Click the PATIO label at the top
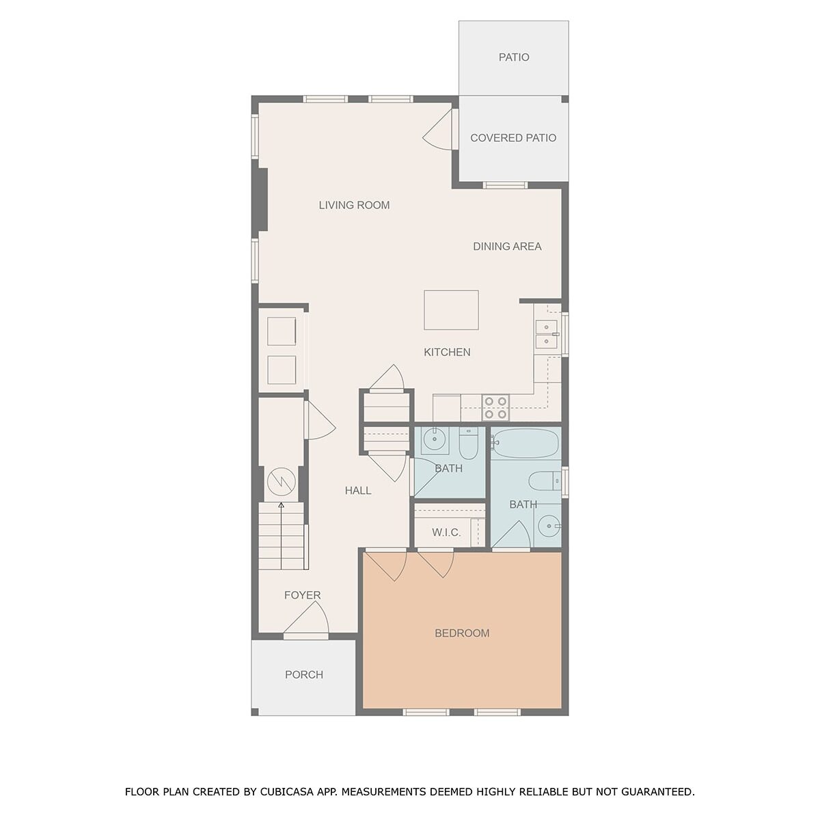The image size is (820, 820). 514,57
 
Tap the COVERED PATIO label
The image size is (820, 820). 513,138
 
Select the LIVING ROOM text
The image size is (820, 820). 354,205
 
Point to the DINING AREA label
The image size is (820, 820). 507,247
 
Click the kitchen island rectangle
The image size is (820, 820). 451,310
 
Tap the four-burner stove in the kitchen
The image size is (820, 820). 495,408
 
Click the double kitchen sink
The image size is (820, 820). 547,334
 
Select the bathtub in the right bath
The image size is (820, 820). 525,443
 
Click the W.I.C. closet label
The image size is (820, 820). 446,532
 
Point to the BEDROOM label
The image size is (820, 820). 462,633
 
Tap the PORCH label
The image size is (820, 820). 304,674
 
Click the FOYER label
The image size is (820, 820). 302,595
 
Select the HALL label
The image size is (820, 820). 358,491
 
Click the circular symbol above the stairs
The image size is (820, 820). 282,481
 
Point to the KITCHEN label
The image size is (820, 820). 447,353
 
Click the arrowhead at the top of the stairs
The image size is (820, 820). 281,505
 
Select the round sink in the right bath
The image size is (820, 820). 548,526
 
